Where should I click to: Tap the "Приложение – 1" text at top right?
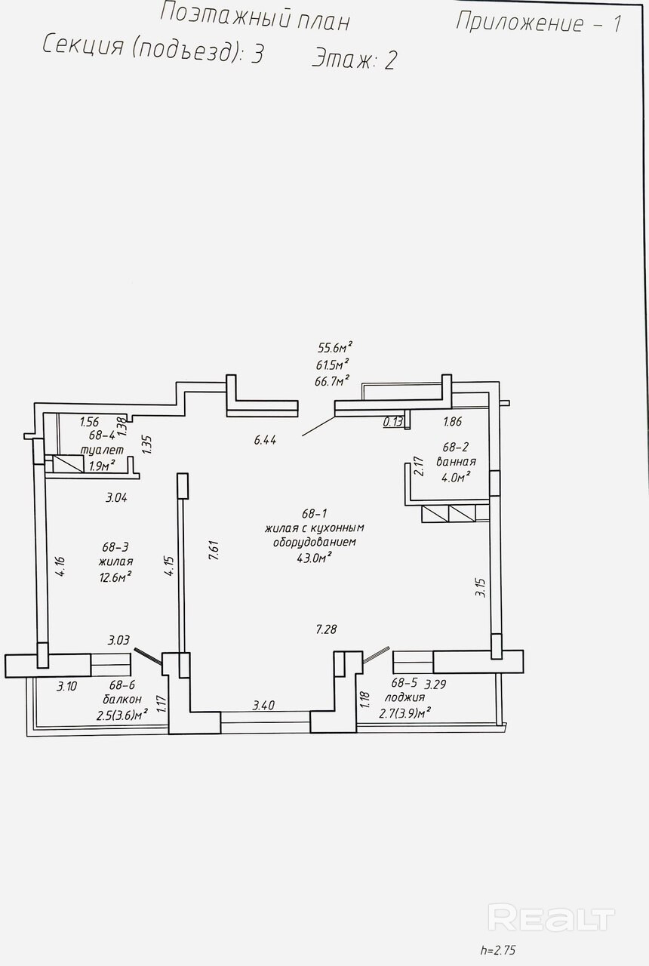(x=539, y=23)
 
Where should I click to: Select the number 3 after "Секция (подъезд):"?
(x=257, y=54)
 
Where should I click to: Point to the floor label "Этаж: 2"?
(x=354, y=59)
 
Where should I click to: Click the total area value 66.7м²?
(x=331, y=381)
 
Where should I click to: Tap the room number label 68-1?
(x=315, y=514)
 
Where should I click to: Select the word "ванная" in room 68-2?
(x=456, y=461)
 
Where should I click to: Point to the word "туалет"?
(x=102, y=450)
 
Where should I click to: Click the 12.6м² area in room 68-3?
(x=115, y=577)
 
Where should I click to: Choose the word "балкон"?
(x=122, y=699)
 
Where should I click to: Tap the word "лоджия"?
(x=404, y=697)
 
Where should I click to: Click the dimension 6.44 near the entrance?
(x=265, y=440)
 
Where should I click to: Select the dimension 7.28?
(x=326, y=629)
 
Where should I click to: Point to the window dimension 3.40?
(x=263, y=705)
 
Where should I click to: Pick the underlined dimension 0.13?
(x=393, y=422)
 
